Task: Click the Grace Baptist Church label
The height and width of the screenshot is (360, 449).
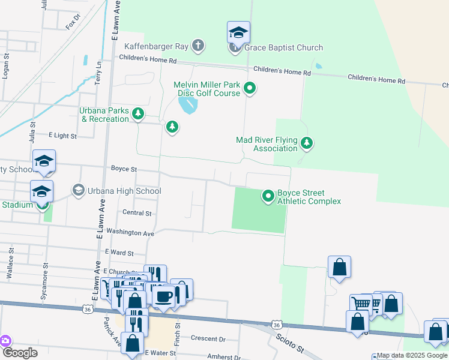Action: tap(283, 47)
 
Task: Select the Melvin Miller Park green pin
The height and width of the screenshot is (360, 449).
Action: tap(250, 89)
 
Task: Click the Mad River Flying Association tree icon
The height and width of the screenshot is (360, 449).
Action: tap(307, 143)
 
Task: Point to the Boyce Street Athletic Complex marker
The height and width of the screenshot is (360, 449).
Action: tap(268, 196)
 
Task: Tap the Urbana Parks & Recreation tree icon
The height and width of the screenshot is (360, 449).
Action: tap(139, 113)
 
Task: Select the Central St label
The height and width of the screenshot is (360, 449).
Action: tap(136, 213)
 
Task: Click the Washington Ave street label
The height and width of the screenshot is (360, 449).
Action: tap(130, 232)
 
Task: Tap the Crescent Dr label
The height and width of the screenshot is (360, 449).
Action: tap(208, 338)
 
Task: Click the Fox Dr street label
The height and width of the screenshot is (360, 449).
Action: tap(73, 25)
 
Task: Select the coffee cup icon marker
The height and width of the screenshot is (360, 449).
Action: tap(164, 295)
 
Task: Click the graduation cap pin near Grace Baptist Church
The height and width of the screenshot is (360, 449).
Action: tap(238, 32)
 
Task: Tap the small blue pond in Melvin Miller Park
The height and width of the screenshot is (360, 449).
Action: tap(188, 106)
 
